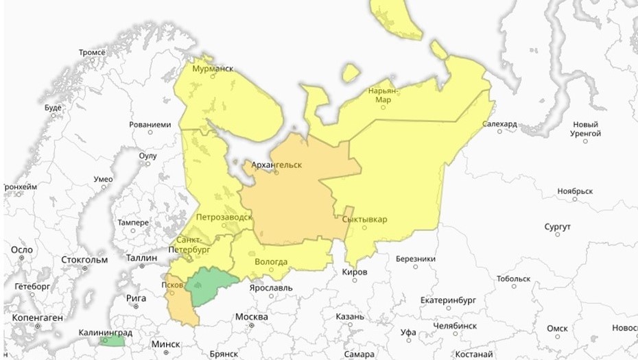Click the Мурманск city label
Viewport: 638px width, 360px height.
pos(212,69)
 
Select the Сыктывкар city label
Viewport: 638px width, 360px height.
pos(364,219)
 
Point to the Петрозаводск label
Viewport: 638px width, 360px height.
pos(224,217)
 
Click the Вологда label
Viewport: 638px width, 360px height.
pos(270,261)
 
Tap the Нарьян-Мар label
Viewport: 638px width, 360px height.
pos(383,95)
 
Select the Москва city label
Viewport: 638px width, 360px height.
pos(251,317)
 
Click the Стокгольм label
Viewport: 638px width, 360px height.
pos(84,260)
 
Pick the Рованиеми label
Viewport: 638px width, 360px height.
pos(150,125)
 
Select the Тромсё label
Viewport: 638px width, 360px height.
pos(91,52)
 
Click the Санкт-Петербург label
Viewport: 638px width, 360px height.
pos(193,245)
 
